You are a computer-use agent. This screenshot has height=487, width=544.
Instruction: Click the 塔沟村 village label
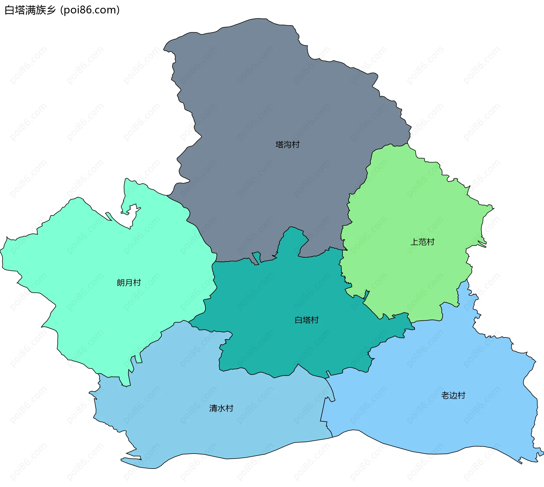[288, 145]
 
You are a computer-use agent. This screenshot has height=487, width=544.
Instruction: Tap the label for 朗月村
[129, 283]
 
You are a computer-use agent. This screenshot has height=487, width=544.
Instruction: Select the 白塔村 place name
[307, 320]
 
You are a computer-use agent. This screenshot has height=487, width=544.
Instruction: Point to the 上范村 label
[422, 242]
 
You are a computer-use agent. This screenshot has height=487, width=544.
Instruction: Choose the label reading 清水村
[221, 408]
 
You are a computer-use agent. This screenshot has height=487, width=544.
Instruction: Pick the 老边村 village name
[453, 395]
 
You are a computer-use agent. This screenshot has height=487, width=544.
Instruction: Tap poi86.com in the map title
[90, 10]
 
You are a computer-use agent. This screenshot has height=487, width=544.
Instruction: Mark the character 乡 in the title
[51, 10]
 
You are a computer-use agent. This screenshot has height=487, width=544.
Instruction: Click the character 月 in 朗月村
[129, 283]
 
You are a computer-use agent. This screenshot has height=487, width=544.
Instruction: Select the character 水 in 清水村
[221, 408]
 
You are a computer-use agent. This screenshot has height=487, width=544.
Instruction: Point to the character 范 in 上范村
[422, 242]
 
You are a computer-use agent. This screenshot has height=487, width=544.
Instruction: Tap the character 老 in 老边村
[445, 395]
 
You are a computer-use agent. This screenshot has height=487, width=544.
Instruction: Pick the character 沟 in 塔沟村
[288, 145]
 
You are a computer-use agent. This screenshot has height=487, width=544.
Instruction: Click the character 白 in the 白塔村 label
[299, 320]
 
